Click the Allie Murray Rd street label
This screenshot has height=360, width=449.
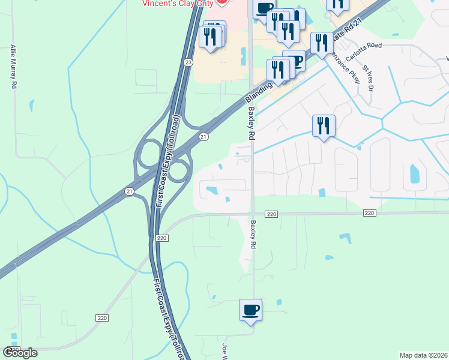coord(13,67)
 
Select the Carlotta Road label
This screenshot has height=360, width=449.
coord(364,45)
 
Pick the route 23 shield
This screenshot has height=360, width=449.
coord(188,62)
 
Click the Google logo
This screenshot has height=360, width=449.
coord(20,352)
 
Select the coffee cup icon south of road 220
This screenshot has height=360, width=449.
coord(250,310)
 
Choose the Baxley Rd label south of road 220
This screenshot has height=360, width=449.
coord(254,234)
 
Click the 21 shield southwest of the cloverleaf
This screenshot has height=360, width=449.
coord(129,191)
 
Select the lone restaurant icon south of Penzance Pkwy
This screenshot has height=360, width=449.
coord(324,125)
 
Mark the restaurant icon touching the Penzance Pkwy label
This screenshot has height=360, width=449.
coord(322,43)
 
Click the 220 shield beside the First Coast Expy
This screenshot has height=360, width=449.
coord(161,238)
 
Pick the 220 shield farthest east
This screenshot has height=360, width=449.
coord(369,214)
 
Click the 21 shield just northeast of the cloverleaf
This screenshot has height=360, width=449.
coord(204,137)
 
